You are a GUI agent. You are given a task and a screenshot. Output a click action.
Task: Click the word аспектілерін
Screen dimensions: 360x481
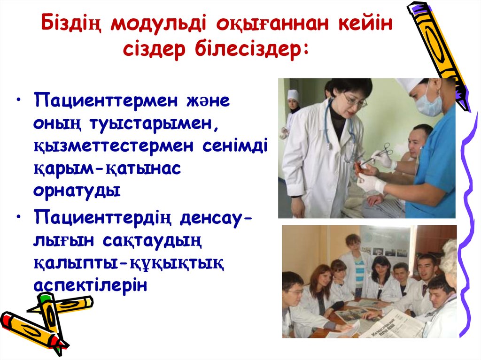point(90,284)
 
